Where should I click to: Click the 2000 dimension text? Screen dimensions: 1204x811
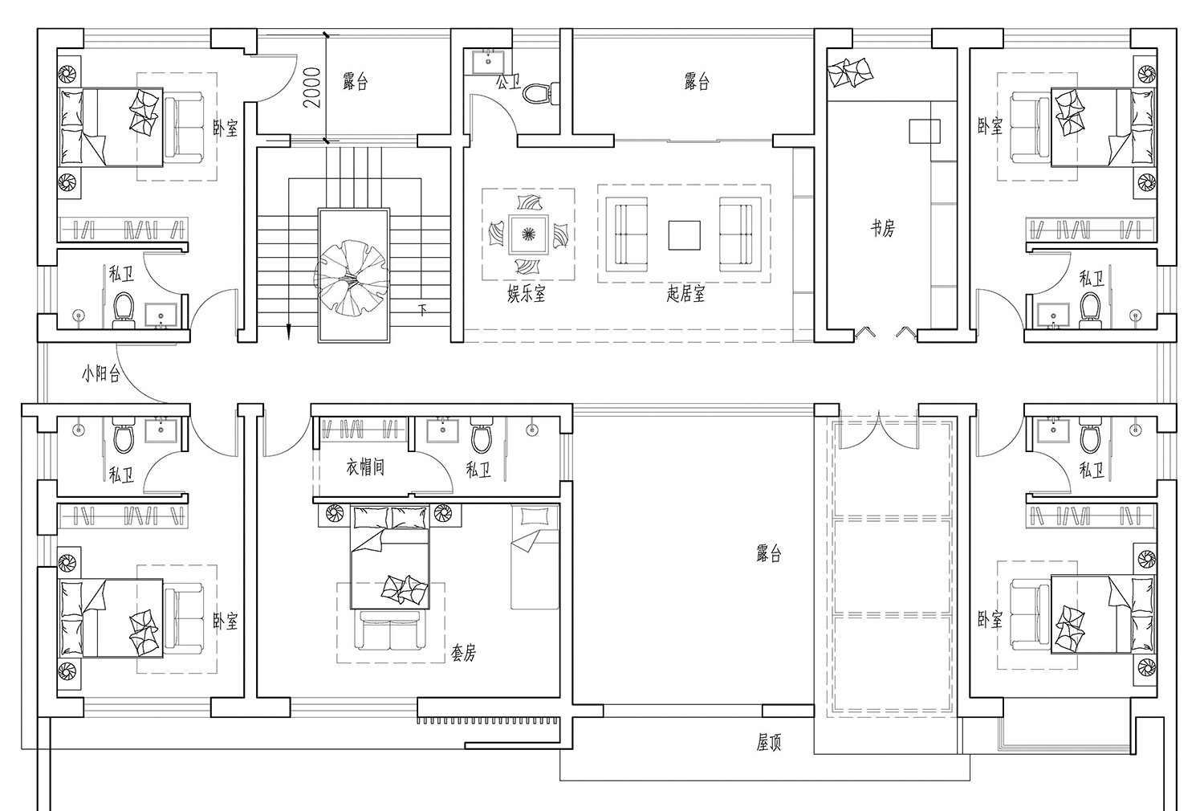312,88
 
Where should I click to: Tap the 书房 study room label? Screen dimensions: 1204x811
883,229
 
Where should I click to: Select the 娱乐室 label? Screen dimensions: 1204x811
527,294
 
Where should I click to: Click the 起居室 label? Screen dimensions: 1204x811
685,294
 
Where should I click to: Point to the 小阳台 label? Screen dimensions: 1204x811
100,373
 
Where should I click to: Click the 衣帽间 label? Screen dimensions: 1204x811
365,467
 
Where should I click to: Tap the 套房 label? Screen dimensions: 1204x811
463,653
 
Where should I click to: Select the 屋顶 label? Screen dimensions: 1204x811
769,743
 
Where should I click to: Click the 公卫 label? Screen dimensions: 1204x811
508,82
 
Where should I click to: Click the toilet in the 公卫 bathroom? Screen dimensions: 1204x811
540,93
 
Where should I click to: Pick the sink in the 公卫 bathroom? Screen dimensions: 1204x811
488,63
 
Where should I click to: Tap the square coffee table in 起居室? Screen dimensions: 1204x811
684,235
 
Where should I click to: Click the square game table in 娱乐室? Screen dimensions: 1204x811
529,234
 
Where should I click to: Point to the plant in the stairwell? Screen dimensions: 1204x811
352,277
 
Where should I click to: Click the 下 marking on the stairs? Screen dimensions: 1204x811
422,310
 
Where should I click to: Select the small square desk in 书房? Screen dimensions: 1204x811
925,131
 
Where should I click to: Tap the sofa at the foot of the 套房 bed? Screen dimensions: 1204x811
389,630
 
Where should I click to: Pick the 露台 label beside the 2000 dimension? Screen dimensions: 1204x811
356,82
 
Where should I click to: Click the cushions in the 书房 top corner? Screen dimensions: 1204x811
850,71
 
